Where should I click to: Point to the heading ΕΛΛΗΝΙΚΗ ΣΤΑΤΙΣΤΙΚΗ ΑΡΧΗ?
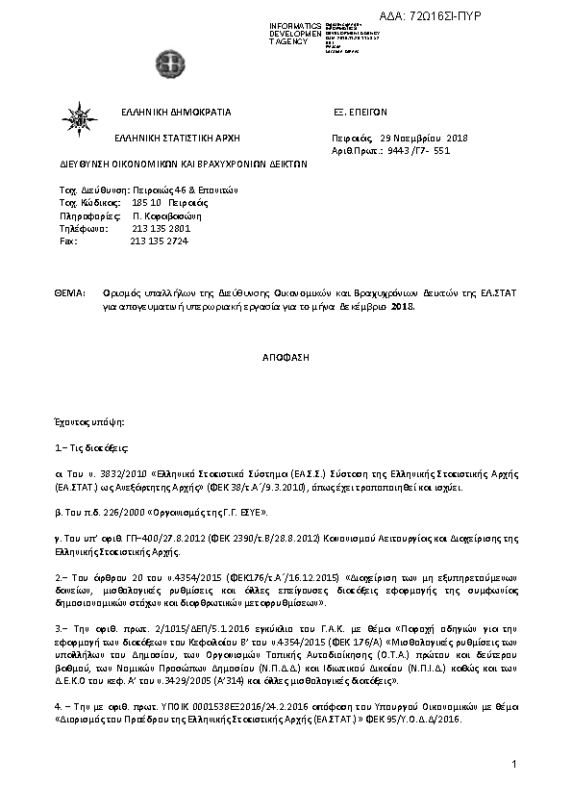[x=175, y=139]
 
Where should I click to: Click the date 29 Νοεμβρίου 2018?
[x=423, y=139]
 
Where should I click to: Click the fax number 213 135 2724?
[x=160, y=240]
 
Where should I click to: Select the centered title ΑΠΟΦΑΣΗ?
[x=286, y=355]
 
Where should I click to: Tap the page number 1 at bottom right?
[x=514, y=764]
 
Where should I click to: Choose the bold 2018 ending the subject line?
[x=402, y=306]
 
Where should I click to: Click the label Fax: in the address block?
[x=68, y=240]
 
